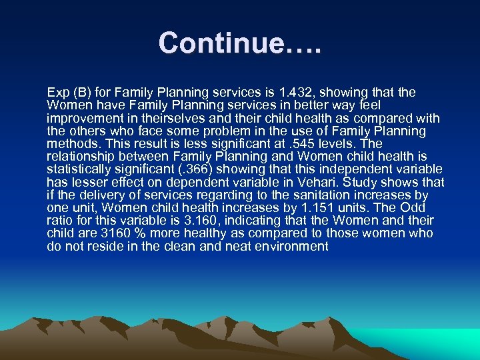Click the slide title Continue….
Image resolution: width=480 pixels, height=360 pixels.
coord(240,43)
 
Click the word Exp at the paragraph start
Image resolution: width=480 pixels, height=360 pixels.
coord(58,92)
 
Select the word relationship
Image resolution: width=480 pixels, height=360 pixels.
coord(79,157)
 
